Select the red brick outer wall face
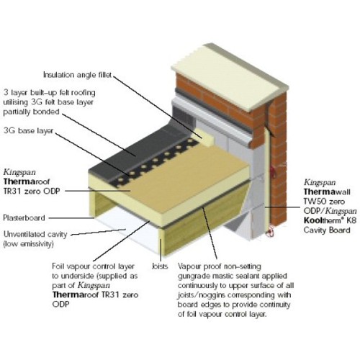(x=278, y=115)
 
